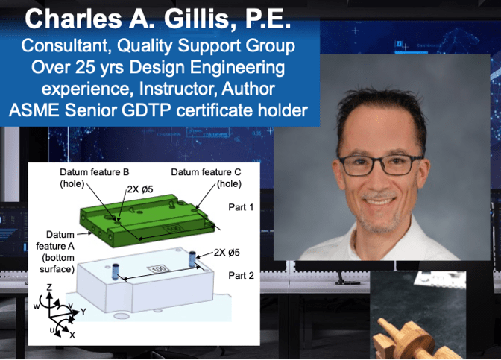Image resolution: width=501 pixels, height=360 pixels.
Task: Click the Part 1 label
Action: click(x=241, y=207)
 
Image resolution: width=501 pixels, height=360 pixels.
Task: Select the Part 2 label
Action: click(x=242, y=275)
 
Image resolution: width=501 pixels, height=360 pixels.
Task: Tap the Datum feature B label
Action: click(x=94, y=172)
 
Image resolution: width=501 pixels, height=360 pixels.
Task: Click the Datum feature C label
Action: click(x=206, y=172)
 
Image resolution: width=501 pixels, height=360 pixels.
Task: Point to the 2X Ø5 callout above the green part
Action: click(x=140, y=189)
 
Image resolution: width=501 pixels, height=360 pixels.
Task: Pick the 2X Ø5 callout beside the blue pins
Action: click(x=227, y=253)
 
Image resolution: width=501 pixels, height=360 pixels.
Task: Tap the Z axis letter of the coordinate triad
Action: click(x=49, y=287)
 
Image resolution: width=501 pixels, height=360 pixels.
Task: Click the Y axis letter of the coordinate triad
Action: click(x=83, y=312)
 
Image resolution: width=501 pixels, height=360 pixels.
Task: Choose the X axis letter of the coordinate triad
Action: click(x=72, y=335)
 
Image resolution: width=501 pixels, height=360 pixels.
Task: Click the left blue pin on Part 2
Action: click(x=115, y=272)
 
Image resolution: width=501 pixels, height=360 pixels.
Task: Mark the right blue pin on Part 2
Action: click(x=192, y=259)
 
